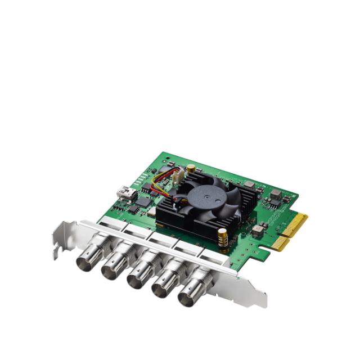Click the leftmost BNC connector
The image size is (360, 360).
point(88,259)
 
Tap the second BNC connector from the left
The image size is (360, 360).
point(112,268)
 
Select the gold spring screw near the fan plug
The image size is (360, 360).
point(191,167)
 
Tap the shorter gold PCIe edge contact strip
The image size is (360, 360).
point(279,243)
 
